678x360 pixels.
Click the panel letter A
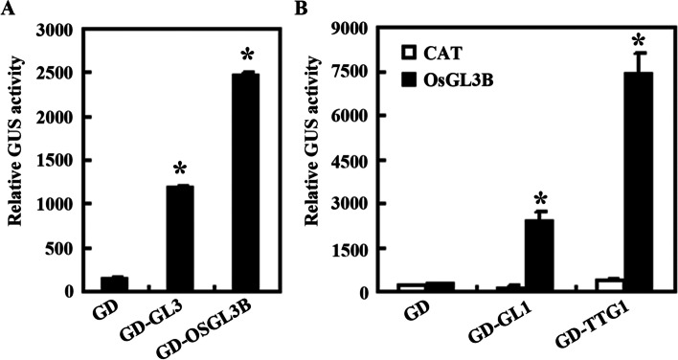coord(8,8)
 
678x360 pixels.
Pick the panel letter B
coord(328,8)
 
